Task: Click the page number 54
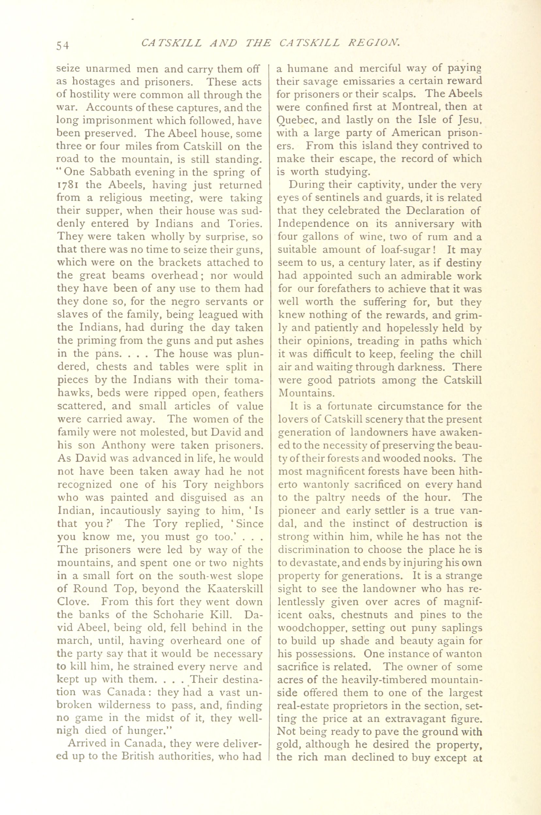[x=63, y=45]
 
